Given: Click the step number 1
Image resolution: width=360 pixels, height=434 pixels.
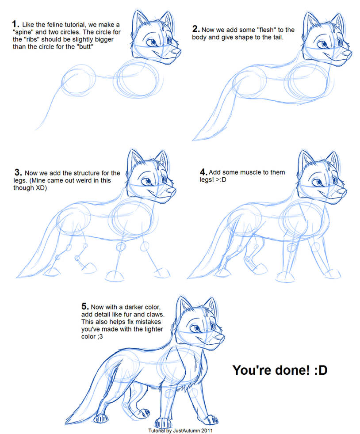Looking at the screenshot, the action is [15, 24].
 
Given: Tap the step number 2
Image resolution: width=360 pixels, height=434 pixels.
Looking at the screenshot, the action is [196, 29].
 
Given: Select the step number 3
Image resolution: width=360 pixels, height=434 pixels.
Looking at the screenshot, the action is [18, 172].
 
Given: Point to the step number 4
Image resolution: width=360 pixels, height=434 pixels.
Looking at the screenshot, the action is [203, 172].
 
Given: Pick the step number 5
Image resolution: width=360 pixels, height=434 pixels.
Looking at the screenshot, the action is [85, 306].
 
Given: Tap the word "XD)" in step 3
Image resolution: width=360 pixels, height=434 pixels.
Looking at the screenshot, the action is [41, 188].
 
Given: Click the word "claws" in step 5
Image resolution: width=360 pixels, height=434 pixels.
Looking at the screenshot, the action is [155, 314].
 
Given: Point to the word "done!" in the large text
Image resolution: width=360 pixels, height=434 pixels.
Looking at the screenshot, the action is [295, 370].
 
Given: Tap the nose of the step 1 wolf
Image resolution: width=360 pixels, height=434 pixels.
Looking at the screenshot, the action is [176, 51].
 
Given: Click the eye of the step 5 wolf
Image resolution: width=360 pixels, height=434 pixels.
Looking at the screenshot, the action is [197, 328].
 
